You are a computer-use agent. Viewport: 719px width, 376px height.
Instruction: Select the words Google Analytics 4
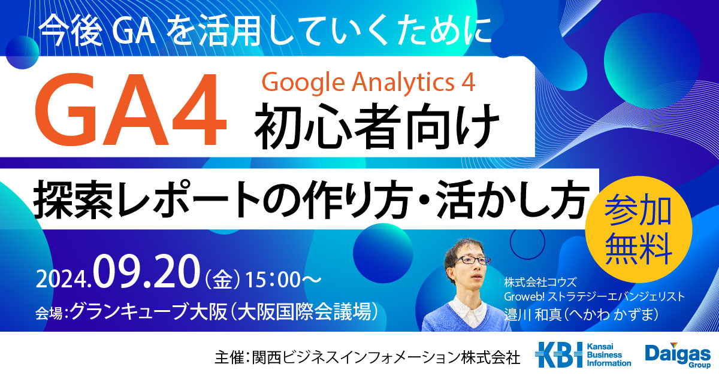[x=368, y=83]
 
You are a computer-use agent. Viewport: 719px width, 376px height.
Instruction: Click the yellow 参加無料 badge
[x=639, y=229]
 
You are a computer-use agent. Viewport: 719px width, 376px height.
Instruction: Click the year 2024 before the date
[x=63, y=280]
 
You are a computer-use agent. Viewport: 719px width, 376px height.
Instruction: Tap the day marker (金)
[x=222, y=280]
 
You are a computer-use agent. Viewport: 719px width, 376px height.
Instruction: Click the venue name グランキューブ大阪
[x=149, y=311]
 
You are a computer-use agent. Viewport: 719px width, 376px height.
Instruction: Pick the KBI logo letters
[x=558, y=354]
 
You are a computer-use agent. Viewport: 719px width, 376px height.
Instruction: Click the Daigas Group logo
[x=678, y=355]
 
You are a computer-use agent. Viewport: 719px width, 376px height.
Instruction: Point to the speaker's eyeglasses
[x=472, y=260]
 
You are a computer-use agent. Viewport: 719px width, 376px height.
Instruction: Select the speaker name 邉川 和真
[x=533, y=314]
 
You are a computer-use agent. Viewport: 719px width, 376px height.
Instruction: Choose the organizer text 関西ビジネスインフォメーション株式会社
[x=386, y=357]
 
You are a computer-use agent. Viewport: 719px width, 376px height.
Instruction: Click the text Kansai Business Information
[x=609, y=355]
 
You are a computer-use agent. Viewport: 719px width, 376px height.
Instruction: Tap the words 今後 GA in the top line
[x=97, y=33]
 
